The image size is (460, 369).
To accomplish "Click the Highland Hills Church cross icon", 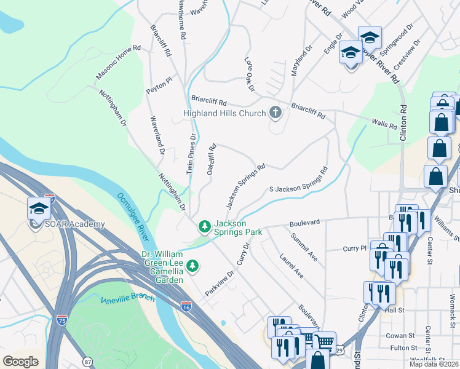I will [276, 113].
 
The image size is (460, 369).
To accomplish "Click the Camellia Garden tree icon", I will [193, 266].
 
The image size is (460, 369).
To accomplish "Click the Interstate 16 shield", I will [186, 305].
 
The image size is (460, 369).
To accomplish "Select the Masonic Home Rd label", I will [118, 61].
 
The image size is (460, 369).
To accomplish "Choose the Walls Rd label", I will [384, 125].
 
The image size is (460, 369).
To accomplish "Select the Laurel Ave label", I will [291, 264].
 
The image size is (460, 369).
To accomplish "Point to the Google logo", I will [20, 362].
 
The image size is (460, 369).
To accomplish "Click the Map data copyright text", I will [434, 364].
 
